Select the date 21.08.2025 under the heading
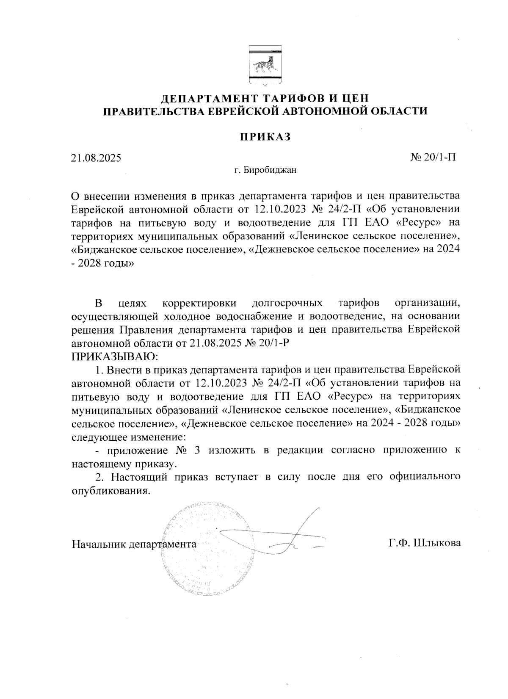tap(96, 158)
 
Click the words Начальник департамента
tap(134, 544)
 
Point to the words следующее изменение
tap(128, 436)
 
